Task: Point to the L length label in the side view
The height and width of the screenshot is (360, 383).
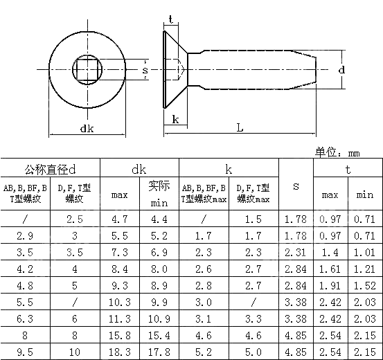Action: pyautogui.click(x=240, y=128)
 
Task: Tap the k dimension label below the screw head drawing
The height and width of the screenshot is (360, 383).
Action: pyautogui.click(x=175, y=118)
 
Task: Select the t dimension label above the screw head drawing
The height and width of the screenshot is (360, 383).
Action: pyautogui.click(x=170, y=19)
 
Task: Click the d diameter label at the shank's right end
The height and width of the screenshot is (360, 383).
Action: pyautogui.click(x=341, y=70)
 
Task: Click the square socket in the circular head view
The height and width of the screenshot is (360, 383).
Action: pyautogui.click(x=86, y=70)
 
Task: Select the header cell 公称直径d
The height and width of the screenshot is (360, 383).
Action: pyautogui.click(x=50, y=169)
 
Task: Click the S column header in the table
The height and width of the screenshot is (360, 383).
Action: pyautogui.click(x=296, y=186)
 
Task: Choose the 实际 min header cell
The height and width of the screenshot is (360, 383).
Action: pyautogui.click(x=160, y=194)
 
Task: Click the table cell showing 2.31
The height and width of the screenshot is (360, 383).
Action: pyautogui.click(x=296, y=252)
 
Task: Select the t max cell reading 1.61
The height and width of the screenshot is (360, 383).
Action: pyautogui.click(x=330, y=269)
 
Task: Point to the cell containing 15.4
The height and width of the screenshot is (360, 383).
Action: pyautogui.click(x=160, y=335)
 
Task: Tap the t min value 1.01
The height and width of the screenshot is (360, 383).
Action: pyautogui.click(x=364, y=252)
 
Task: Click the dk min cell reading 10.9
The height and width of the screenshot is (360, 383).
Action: pyautogui.click(x=160, y=318)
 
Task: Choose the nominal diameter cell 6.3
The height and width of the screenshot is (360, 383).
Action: pyautogui.click(x=25, y=318)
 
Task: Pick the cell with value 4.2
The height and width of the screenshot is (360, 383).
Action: pyautogui.click(x=25, y=269)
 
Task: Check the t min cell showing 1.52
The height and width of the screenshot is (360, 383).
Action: pyautogui.click(x=364, y=285)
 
